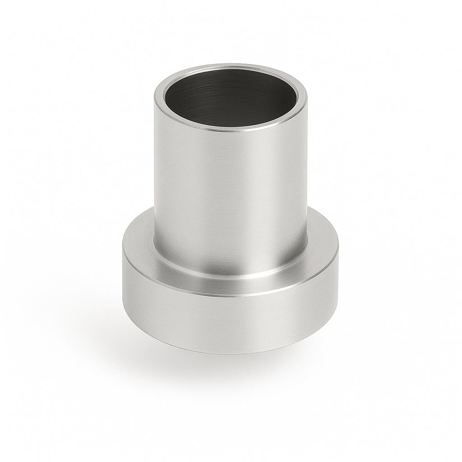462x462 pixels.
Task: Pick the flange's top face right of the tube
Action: click(x=323, y=246)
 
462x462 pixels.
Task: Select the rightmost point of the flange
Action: click(x=338, y=255)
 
